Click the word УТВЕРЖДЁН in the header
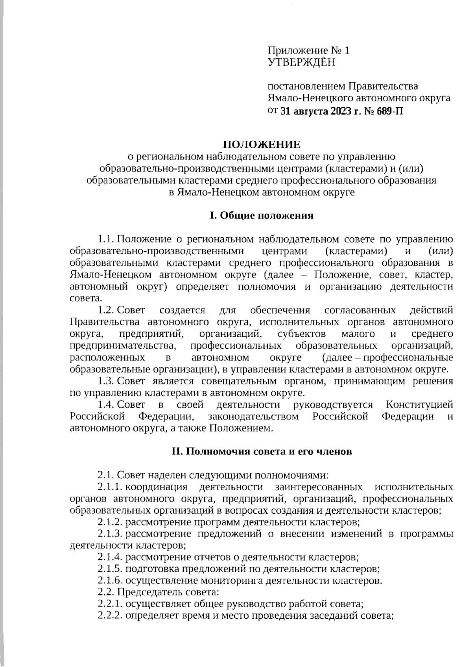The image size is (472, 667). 301,62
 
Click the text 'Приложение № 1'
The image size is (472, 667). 308,50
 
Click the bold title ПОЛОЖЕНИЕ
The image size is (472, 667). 262,144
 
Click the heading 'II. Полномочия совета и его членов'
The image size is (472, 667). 262,451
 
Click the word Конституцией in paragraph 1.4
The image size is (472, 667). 419,404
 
